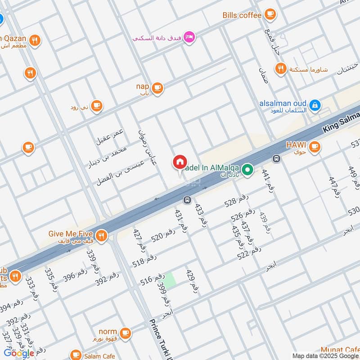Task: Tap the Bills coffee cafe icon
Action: click(x=270, y=15)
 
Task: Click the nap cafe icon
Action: click(x=157, y=88)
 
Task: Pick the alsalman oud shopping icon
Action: click(x=315, y=105)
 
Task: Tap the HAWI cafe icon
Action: click(x=315, y=146)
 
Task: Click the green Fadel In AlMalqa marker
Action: click(x=247, y=170)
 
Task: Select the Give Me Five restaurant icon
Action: click(x=102, y=235)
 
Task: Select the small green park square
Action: click(x=169, y=280)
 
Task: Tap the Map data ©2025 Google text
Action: click(x=326, y=355)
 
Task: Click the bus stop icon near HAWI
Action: click(x=276, y=158)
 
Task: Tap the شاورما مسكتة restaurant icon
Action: click(x=281, y=69)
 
